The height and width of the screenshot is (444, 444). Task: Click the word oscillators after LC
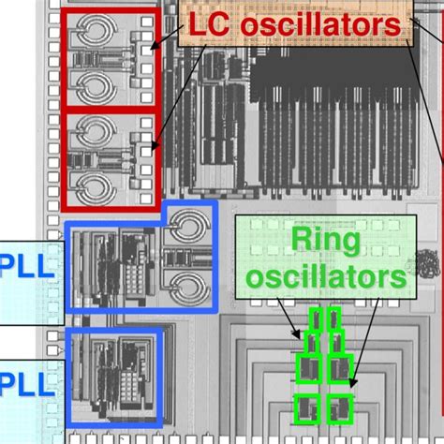[x=313, y=25]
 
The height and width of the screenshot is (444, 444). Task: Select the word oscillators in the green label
[x=324, y=276]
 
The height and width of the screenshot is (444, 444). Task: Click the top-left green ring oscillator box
[x=317, y=320]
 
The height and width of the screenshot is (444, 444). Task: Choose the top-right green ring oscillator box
[x=333, y=320]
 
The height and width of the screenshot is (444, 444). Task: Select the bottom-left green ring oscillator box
[x=306, y=406]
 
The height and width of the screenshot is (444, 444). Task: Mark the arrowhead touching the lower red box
[x=153, y=145]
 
